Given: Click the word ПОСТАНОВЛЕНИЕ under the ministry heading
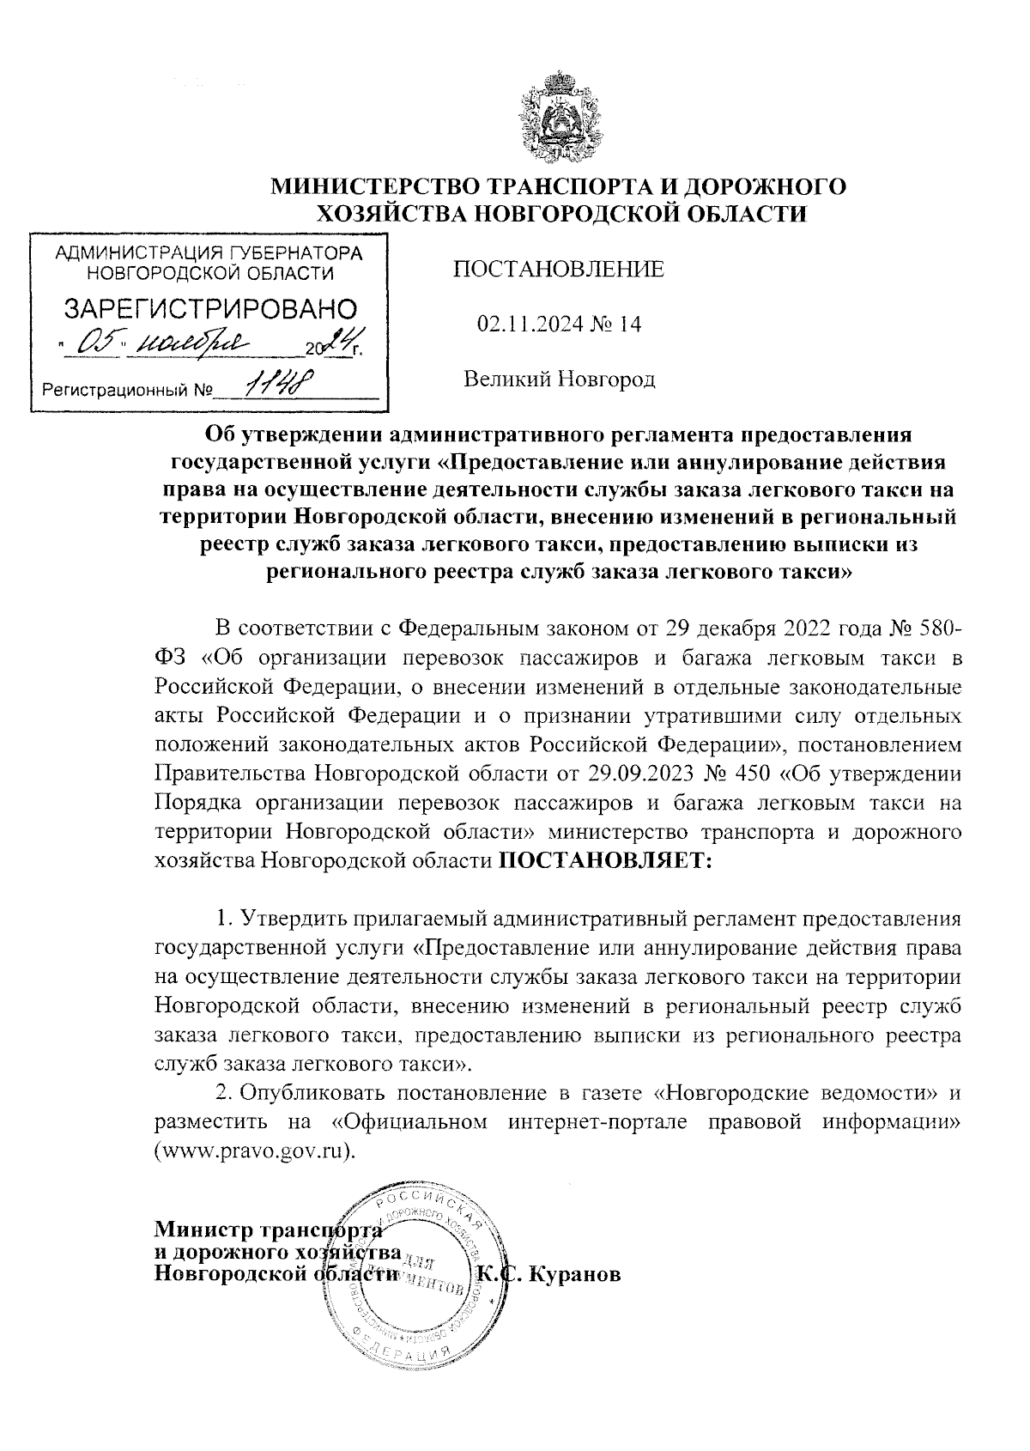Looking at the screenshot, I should (558, 270).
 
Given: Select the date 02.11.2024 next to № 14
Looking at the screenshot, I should (524, 325).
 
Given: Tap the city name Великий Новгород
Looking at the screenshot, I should (560, 379).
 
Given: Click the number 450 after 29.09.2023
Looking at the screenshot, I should (749, 773).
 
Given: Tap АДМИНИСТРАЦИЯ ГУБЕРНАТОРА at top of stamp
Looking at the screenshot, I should (208, 254).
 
